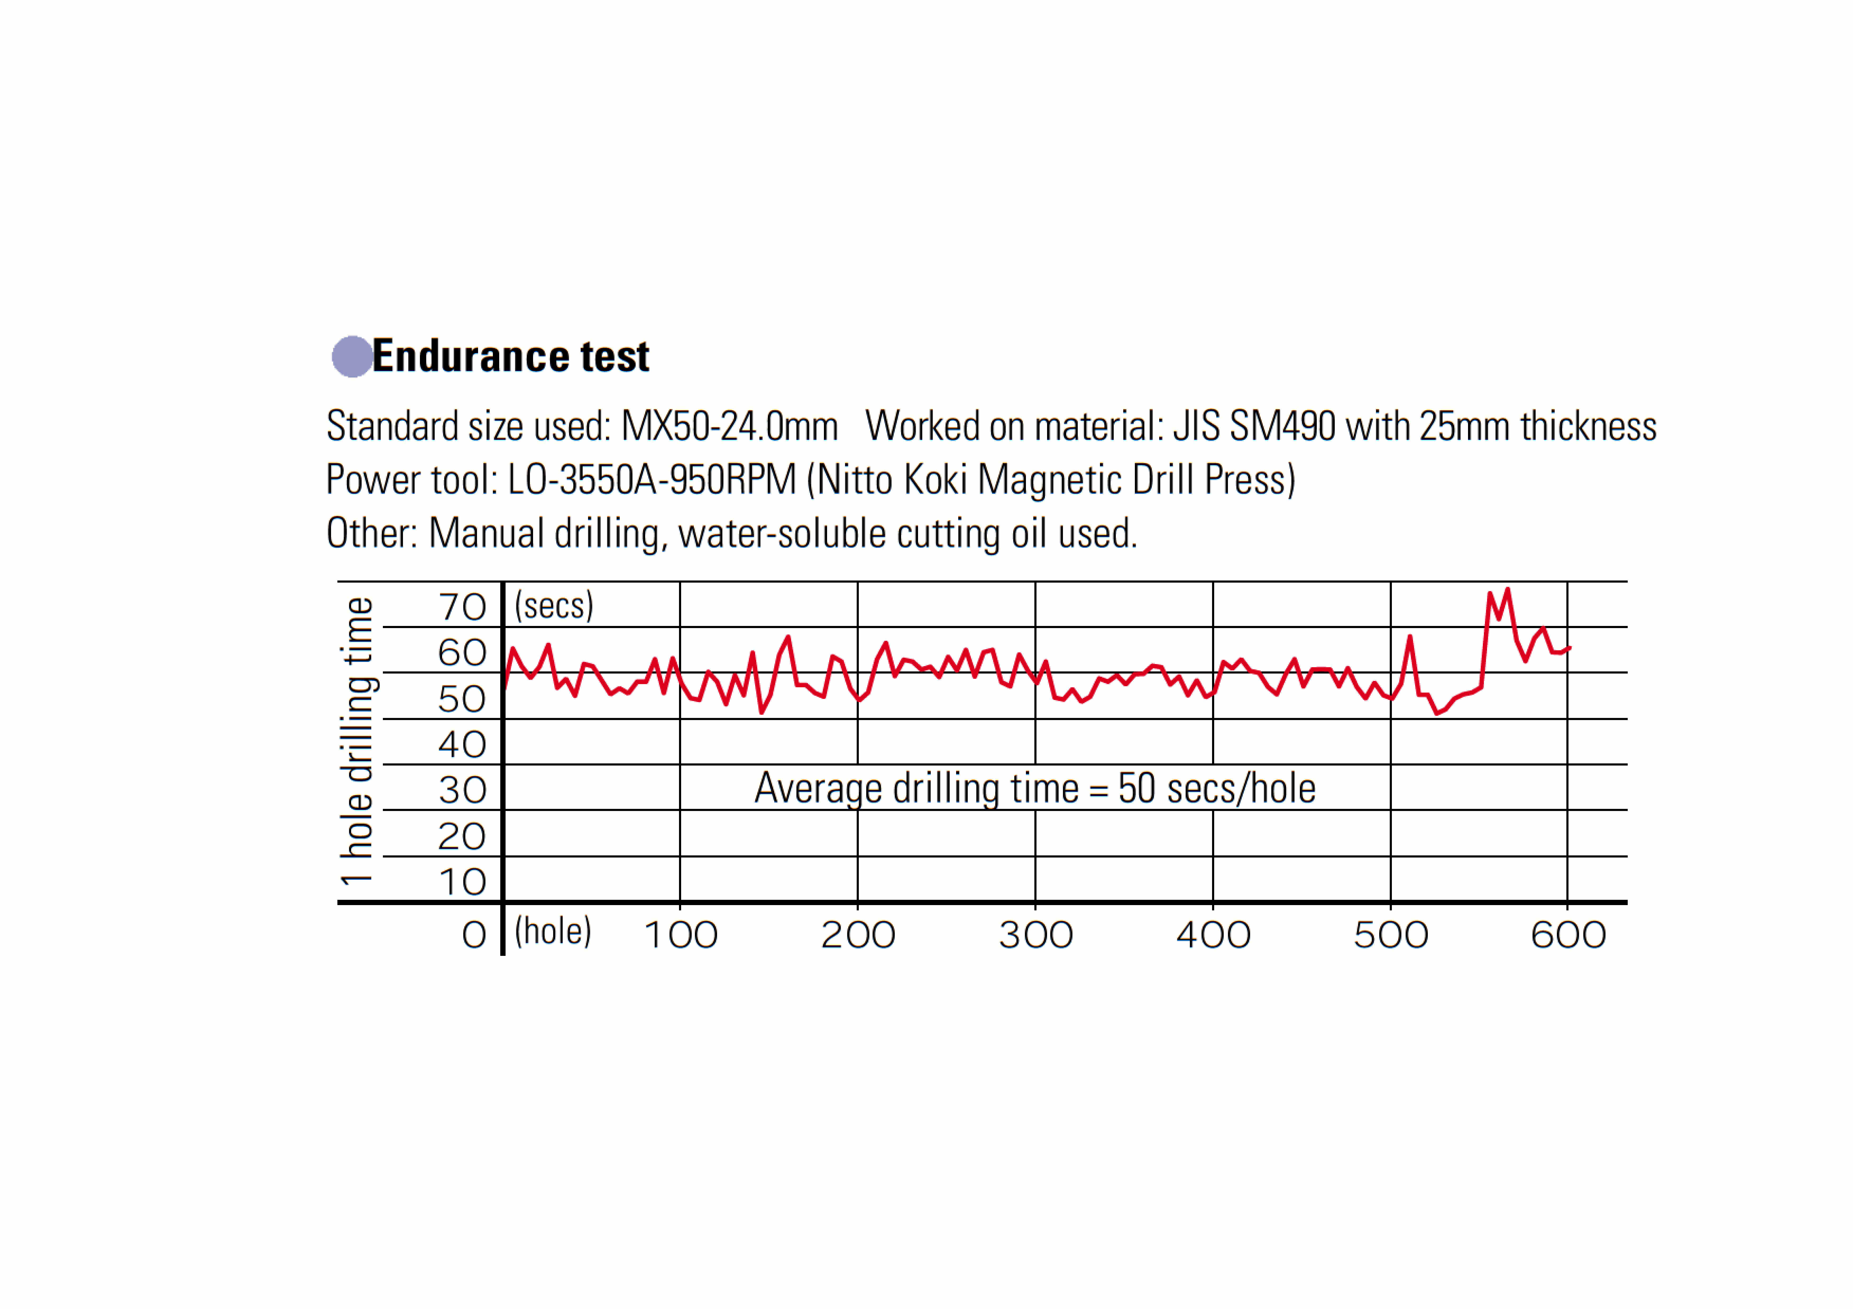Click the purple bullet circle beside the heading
click(x=352, y=357)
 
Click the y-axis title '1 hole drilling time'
click(x=357, y=741)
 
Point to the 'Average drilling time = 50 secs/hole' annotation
click(x=1035, y=789)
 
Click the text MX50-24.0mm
click(x=729, y=426)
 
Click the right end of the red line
click(x=1570, y=647)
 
